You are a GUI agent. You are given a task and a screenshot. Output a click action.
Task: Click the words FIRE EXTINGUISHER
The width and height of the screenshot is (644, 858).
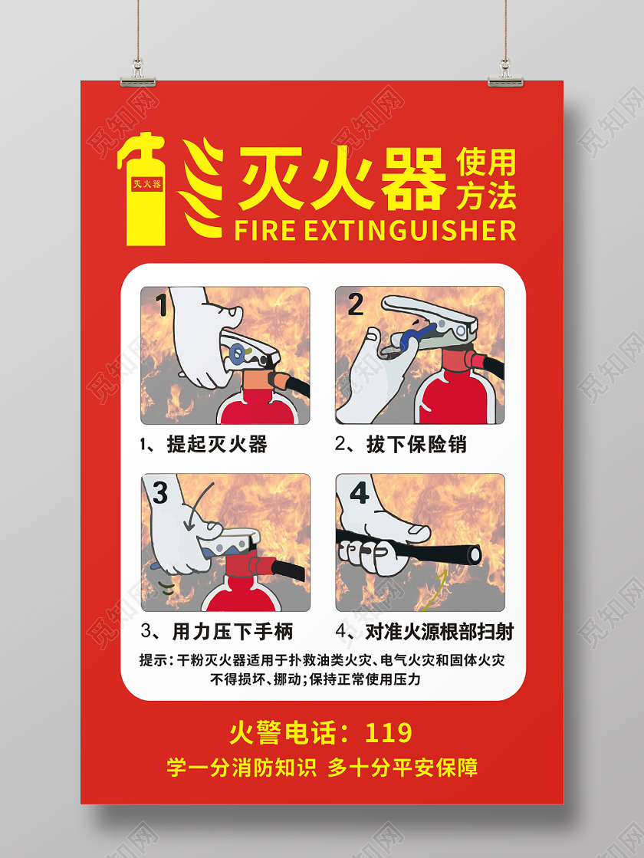(x=375, y=230)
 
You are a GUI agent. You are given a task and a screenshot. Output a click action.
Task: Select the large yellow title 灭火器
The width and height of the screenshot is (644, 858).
(x=341, y=180)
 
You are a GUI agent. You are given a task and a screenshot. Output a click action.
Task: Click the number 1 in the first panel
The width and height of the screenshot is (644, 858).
(x=161, y=306)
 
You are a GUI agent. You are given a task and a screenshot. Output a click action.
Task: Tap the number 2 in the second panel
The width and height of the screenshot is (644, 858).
(x=355, y=305)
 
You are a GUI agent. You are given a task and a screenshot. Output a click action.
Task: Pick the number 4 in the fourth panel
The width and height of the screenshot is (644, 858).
(x=359, y=492)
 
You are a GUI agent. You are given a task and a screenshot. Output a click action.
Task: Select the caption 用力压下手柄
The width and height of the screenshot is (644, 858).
(x=232, y=632)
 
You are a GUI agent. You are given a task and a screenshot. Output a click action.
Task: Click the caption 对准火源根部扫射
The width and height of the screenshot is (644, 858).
(x=439, y=632)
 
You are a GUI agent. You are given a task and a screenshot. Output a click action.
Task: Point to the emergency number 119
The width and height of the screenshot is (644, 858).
(x=388, y=733)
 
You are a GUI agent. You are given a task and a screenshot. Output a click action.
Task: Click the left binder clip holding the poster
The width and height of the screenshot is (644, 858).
(x=138, y=73)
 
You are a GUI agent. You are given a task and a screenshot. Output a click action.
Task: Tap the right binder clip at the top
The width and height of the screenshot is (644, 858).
(x=506, y=73)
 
